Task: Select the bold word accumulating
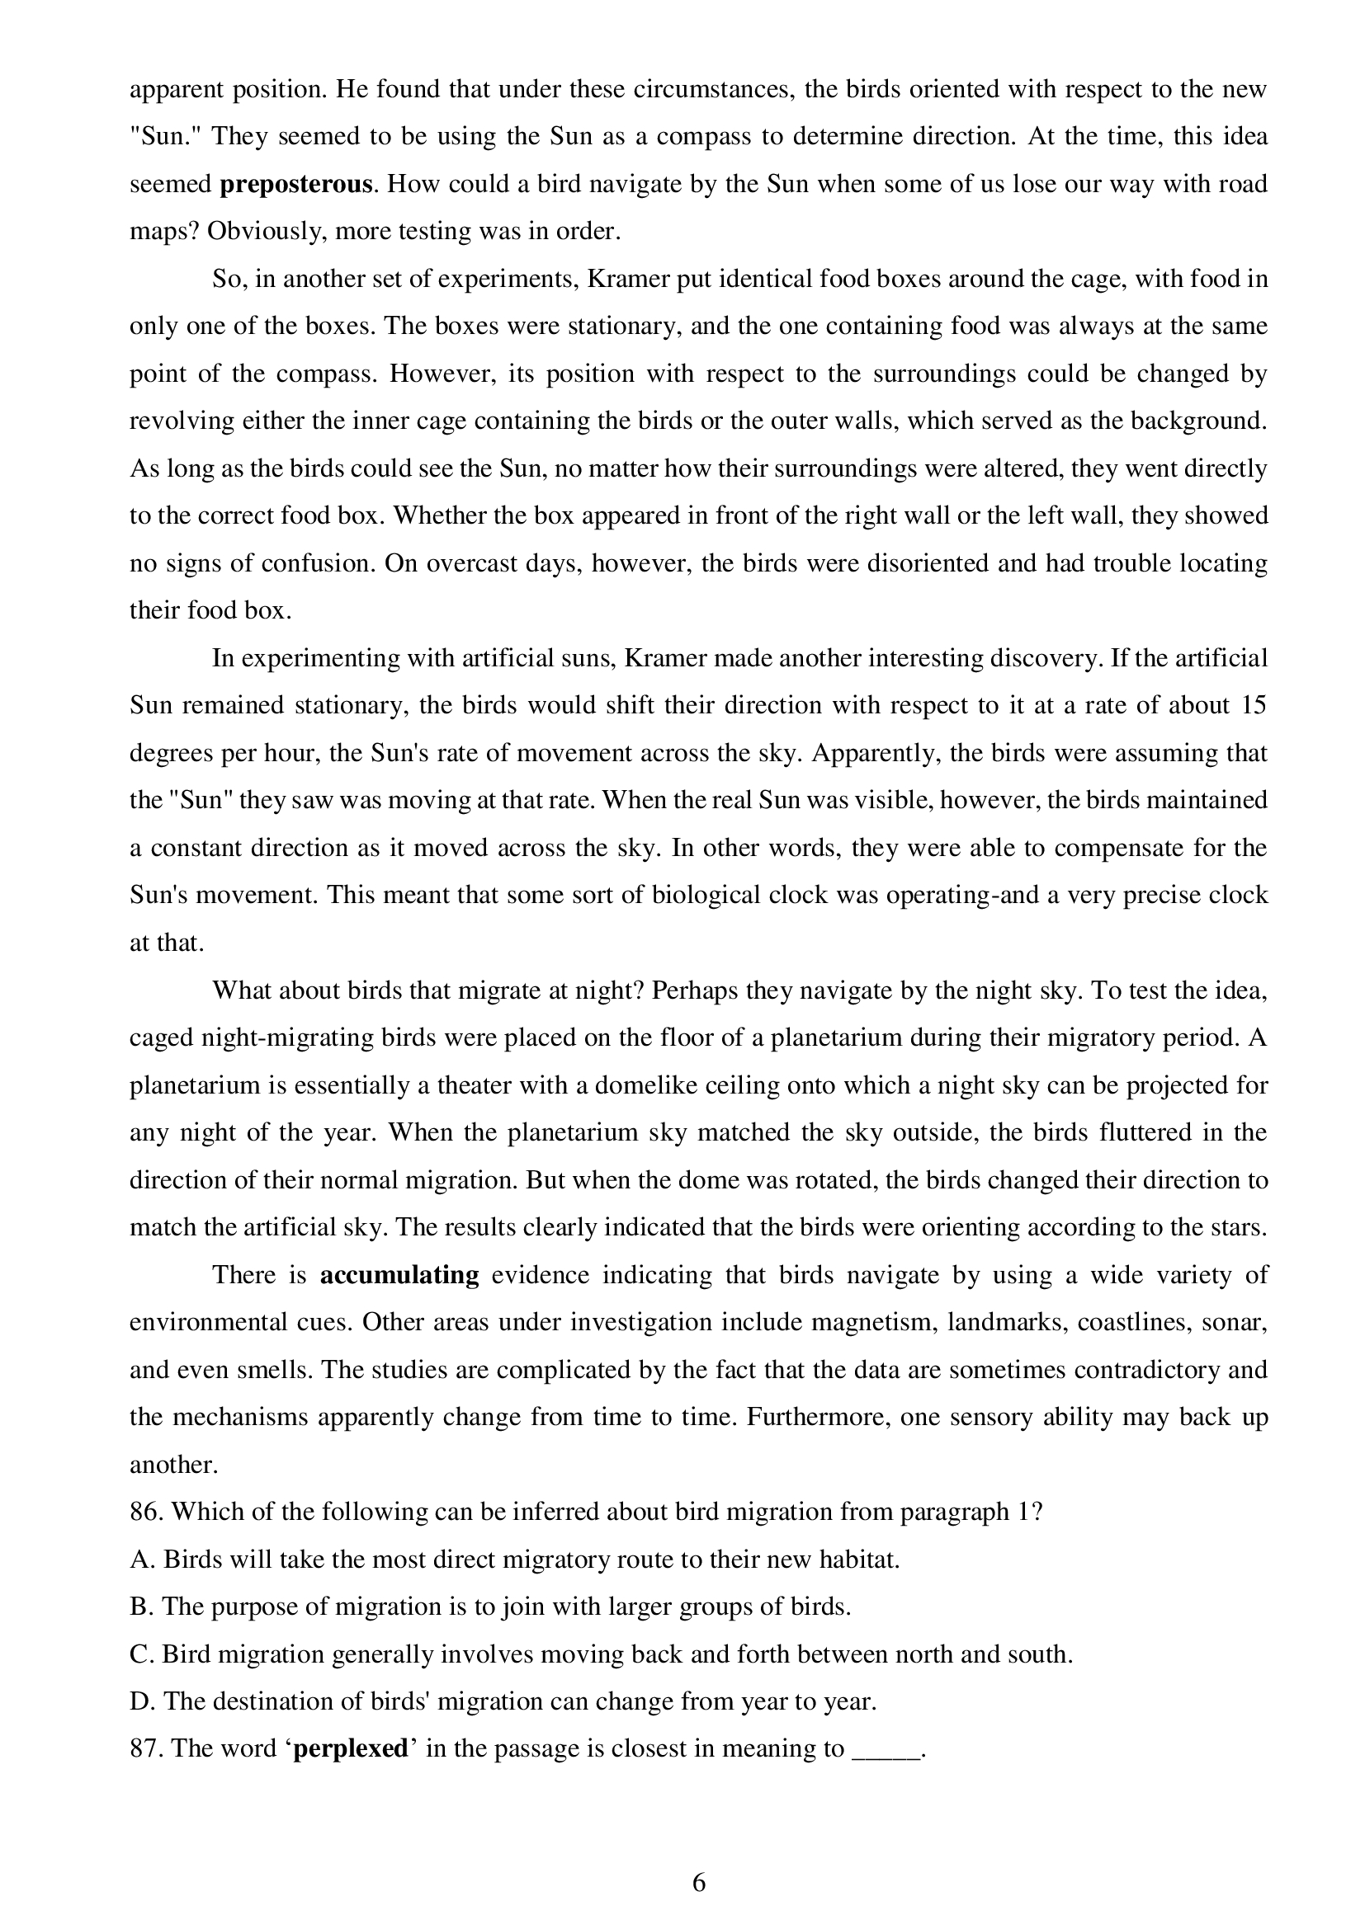point(399,1275)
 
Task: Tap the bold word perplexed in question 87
point(350,1749)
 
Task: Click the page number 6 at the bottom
point(698,1883)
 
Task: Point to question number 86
point(146,1513)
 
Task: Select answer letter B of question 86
point(139,1607)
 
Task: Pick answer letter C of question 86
point(139,1654)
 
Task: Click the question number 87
point(146,1749)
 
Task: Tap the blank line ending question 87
point(886,1753)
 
